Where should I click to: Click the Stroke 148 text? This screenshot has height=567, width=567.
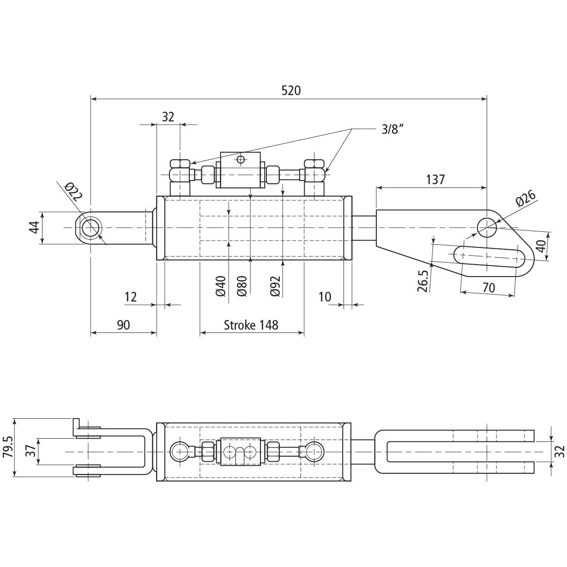coord(251,325)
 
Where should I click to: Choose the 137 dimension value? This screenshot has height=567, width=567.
coord(435,179)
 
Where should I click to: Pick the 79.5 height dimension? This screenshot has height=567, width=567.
coord(7,447)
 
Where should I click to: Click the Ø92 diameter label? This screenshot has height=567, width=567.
coord(276,286)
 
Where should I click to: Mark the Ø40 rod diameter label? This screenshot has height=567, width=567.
coord(221,286)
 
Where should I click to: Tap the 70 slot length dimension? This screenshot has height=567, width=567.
coord(489,288)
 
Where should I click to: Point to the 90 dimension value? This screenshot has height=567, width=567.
coord(123,325)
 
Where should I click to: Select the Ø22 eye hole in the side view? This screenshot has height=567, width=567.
coord(90,228)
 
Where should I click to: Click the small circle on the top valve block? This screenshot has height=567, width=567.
coord(240,160)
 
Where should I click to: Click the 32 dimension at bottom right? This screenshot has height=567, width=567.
coord(559,451)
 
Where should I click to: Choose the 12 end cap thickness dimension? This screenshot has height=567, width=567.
coord(131,296)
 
